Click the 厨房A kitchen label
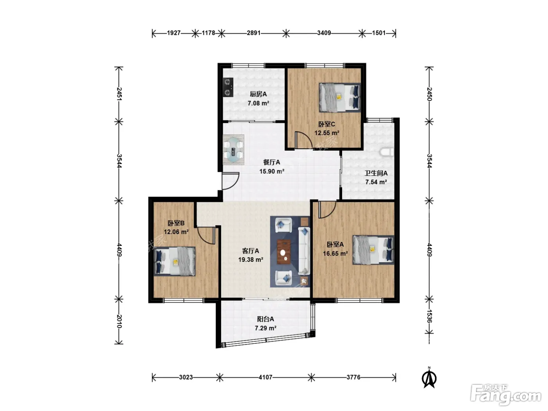click(258, 94)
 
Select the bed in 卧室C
click(340, 97)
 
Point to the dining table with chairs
click(233, 150)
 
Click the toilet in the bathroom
click(387, 152)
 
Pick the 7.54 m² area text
click(376, 182)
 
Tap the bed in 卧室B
click(174, 261)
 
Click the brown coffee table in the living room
click(284, 252)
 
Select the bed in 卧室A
click(373, 250)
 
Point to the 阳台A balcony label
click(265, 319)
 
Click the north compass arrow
click(429, 378)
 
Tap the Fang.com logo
click(506, 395)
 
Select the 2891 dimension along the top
click(254, 33)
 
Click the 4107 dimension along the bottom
click(265, 377)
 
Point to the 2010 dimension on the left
click(119, 321)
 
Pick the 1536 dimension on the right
click(429, 316)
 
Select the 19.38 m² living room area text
click(251, 260)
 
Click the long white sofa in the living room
click(304, 251)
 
